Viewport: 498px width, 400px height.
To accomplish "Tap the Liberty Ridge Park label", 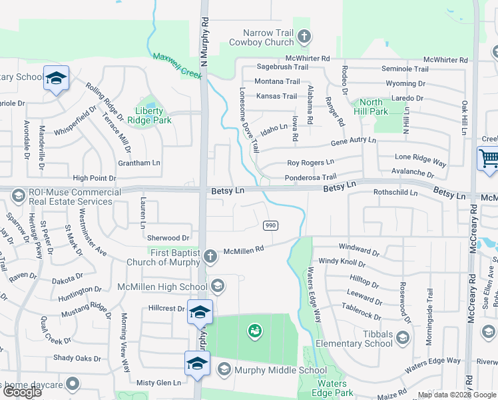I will coord(153,115).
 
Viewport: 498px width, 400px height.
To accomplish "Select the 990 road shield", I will coord(270,225).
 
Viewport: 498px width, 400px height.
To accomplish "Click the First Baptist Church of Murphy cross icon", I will coord(210,256).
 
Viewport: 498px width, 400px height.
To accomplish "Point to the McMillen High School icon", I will coord(217,287).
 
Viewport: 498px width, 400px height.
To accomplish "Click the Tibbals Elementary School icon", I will coord(402,338).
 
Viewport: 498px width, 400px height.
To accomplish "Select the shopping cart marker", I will coord(488,159).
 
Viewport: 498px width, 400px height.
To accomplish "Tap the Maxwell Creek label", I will coord(177,67).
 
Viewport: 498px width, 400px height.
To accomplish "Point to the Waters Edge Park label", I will coord(331,388).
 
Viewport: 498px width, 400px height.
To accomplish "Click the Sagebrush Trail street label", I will coord(282,67).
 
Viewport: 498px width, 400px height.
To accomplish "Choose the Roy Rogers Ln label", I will coord(310,163).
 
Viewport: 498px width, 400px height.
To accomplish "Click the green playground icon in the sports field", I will coord(254,330).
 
